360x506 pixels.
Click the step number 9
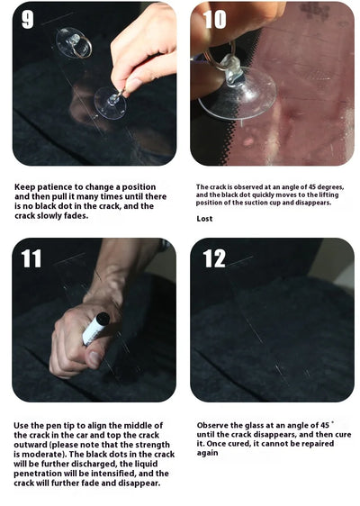28,20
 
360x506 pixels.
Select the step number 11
31,259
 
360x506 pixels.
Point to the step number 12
214,259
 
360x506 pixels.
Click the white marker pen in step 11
95,328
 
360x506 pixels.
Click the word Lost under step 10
205,219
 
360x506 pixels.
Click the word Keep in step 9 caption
23,187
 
